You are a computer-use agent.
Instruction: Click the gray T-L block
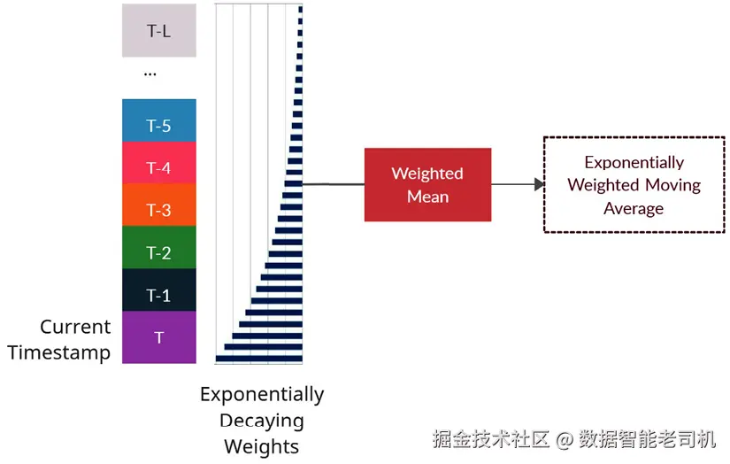(x=158, y=30)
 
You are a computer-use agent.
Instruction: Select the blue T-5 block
(x=158, y=120)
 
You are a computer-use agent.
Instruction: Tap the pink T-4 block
(x=158, y=163)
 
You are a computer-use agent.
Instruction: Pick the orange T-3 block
(x=158, y=205)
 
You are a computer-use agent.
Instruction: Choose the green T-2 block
(x=158, y=247)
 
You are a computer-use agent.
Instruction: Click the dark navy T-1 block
(x=158, y=290)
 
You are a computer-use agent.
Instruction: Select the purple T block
(x=158, y=336)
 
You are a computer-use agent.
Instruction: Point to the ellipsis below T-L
(x=150, y=74)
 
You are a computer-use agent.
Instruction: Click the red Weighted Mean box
(x=427, y=184)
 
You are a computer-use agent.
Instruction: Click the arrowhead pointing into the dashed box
(x=539, y=184)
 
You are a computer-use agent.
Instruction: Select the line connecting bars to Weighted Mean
(x=334, y=184)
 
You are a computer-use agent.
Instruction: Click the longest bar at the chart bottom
(x=259, y=359)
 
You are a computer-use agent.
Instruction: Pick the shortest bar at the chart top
(x=301, y=9)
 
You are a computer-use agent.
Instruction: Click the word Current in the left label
(x=75, y=327)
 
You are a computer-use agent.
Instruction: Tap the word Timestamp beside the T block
(x=59, y=352)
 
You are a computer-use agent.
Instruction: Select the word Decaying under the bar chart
(x=262, y=421)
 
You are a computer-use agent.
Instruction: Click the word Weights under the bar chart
(x=262, y=446)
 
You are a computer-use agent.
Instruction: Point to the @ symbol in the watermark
(x=565, y=439)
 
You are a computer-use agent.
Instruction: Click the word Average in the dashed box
(x=634, y=208)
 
